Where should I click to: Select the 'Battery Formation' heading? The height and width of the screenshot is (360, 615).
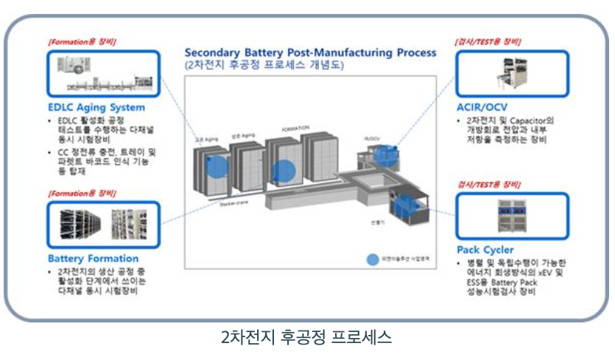coord(93,258)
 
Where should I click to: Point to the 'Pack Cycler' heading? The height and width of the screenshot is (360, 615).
coord(485,250)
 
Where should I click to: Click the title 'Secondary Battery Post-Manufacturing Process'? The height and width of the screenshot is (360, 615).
coord(310,53)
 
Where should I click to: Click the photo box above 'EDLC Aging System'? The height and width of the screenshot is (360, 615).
coord(102,74)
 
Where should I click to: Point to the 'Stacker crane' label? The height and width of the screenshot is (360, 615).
coord(231,205)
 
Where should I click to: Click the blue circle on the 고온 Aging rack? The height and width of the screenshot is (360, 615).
coord(214,166)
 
